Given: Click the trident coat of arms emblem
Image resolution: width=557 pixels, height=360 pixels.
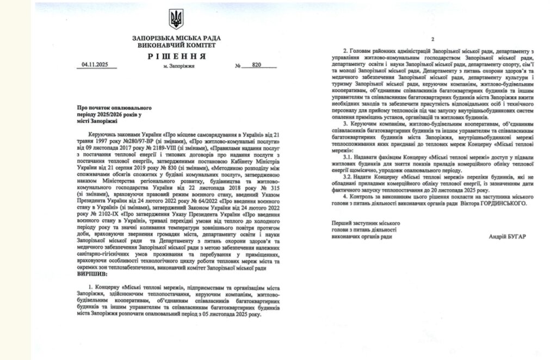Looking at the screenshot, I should click(177, 20).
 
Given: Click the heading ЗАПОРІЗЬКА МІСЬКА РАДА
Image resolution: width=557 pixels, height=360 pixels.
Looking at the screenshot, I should click(177, 38).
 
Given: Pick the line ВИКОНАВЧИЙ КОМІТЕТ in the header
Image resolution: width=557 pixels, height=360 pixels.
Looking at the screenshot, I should click(177, 45).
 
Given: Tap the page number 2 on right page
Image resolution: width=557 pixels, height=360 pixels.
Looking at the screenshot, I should click(432, 40).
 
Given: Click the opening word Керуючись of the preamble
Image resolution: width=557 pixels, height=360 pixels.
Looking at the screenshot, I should click(103, 134).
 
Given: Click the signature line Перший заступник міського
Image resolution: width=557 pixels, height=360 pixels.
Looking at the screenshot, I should click(366, 224).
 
